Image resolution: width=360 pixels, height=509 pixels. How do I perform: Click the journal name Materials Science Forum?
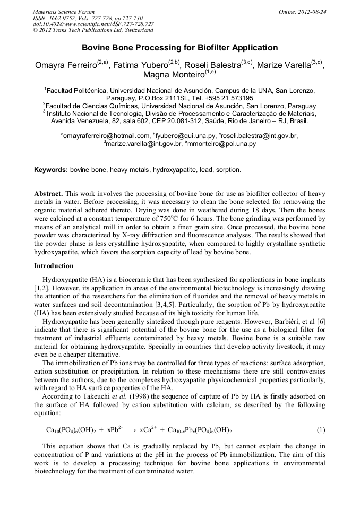coord(64,11)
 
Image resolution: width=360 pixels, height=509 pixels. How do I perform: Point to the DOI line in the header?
coord(93,24)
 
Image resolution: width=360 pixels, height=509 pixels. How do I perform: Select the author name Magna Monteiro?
coord(174,76)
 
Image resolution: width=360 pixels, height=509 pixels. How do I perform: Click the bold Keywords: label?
coord(51,170)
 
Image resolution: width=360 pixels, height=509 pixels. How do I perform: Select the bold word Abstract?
coord(48,194)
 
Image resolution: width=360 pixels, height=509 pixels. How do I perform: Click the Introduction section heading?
coord(54,265)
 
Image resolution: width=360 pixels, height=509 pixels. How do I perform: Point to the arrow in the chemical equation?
coord(133,429)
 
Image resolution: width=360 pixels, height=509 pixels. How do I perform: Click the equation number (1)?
coord(321,429)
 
